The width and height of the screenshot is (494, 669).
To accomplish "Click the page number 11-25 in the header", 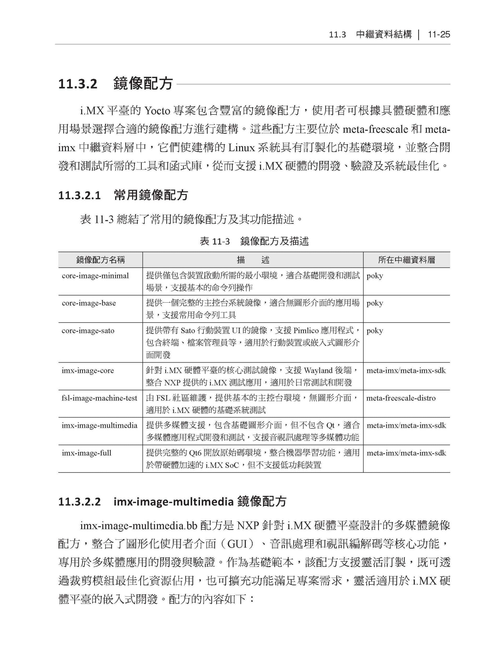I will pyautogui.click(x=439, y=35).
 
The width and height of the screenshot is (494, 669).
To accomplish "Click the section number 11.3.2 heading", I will pyautogui.click(x=78, y=84).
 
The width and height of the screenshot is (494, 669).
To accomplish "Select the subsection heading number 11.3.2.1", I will pyautogui.click(x=79, y=195).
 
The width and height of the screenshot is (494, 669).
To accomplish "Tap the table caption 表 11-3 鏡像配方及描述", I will pyautogui.click(x=254, y=241).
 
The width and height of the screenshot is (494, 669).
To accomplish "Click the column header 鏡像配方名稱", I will pyautogui.click(x=101, y=260).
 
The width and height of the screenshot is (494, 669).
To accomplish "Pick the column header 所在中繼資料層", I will pyautogui.click(x=406, y=260).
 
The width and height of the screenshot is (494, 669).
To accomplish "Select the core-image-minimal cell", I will pyautogui.click(x=95, y=276).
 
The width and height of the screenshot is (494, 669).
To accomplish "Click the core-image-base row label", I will pyautogui.click(x=89, y=303).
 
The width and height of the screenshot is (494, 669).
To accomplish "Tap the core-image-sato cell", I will pyautogui.click(x=88, y=331).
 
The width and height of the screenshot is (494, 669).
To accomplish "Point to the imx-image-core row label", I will pyautogui.click(x=88, y=371).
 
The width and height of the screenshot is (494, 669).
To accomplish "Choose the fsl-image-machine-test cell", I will pyautogui.click(x=99, y=398).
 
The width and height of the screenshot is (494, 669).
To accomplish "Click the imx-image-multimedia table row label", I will pyautogui.click(x=99, y=425).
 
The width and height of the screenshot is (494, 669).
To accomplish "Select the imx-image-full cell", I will pyautogui.click(x=86, y=453).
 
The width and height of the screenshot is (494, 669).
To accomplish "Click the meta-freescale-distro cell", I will pyautogui.click(x=401, y=398).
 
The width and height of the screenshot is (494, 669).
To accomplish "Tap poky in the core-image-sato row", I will pyautogui.click(x=375, y=331).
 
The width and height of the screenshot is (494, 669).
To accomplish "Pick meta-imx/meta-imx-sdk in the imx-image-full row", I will pyautogui.click(x=406, y=453).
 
